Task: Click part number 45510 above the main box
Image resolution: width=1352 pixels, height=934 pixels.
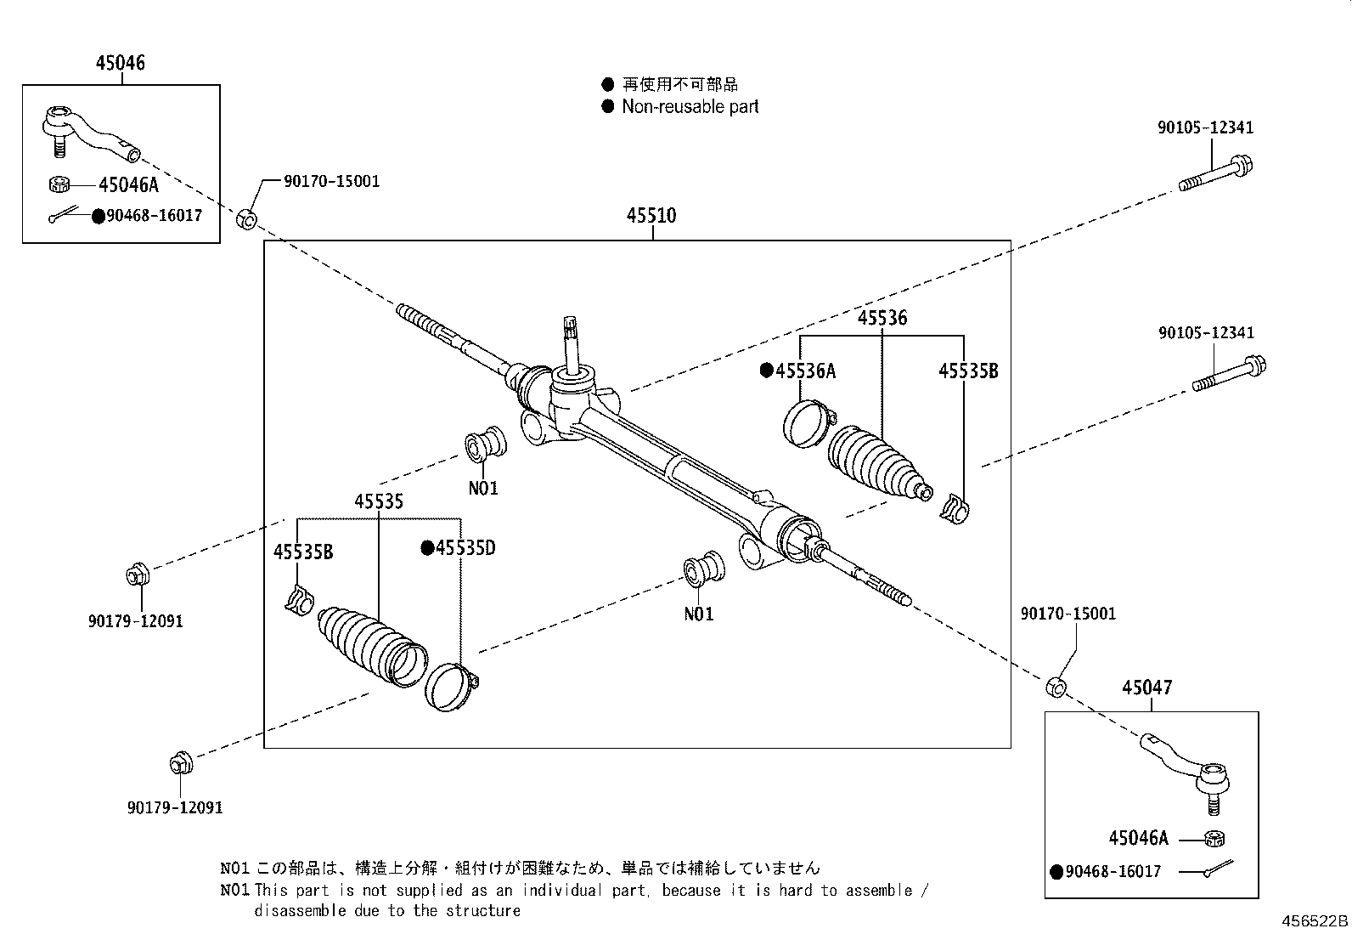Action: (x=651, y=216)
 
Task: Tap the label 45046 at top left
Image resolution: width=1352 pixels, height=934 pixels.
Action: (x=120, y=63)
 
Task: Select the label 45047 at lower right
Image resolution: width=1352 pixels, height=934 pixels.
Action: (x=1146, y=688)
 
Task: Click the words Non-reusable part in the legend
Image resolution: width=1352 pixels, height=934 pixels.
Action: (x=690, y=107)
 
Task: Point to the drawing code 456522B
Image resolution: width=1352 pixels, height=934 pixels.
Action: (x=1315, y=920)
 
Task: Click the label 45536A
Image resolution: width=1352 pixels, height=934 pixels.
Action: (x=804, y=371)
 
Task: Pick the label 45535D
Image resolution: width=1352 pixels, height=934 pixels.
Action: (x=465, y=548)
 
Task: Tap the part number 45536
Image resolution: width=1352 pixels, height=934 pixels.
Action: (x=882, y=318)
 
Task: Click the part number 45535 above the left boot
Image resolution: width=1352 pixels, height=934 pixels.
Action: (x=379, y=501)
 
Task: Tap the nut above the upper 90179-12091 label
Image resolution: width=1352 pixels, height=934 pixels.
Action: (x=136, y=575)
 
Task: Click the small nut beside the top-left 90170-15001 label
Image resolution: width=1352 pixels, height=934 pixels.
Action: (x=246, y=218)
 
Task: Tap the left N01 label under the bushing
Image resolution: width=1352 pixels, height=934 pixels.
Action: (x=483, y=489)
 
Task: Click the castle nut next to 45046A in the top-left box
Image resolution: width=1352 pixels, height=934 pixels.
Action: (x=59, y=184)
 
